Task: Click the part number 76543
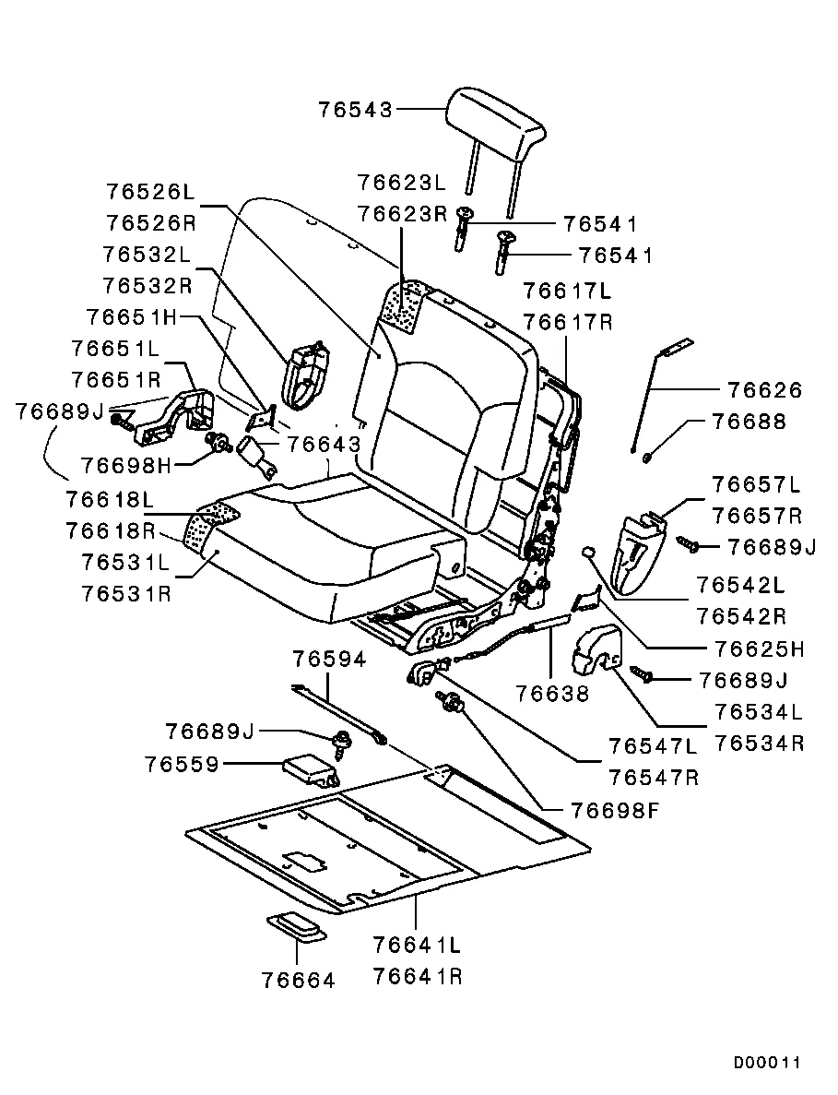(x=355, y=109)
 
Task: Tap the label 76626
(x=764, y=390)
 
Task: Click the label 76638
(x=552, y=692)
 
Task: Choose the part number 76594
(x=329, y=660)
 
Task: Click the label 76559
(x=181, y=765)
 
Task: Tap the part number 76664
(x=297, y=980)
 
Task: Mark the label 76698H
(x=125, y=464)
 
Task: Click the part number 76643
(x=323, y=445)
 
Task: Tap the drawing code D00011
(x=767, y=1063)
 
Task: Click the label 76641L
(x=417, y=946)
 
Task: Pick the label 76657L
(x=757, y=485)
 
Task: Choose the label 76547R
(x=654, y=777)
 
